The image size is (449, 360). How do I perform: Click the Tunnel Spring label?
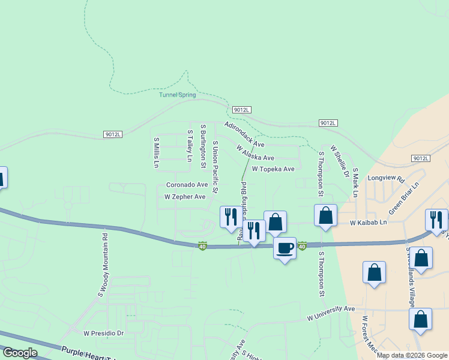click(178, 94)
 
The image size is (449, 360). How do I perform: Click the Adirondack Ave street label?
click(244, 135)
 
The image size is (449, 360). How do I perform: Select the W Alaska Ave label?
click(255, 154)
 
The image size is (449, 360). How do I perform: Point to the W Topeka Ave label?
click(273, 169)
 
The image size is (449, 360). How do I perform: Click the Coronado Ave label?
click(187, 185)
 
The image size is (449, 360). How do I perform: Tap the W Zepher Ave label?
click(185, 197)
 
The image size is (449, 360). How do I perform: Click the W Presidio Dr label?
click(103, 333)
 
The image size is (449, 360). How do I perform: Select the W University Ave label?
click(331, 313)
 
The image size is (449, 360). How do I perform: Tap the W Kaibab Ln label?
click(369, 223)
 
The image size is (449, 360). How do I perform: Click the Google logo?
click(20, 353)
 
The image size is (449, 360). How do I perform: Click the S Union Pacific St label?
click(215, 167)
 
